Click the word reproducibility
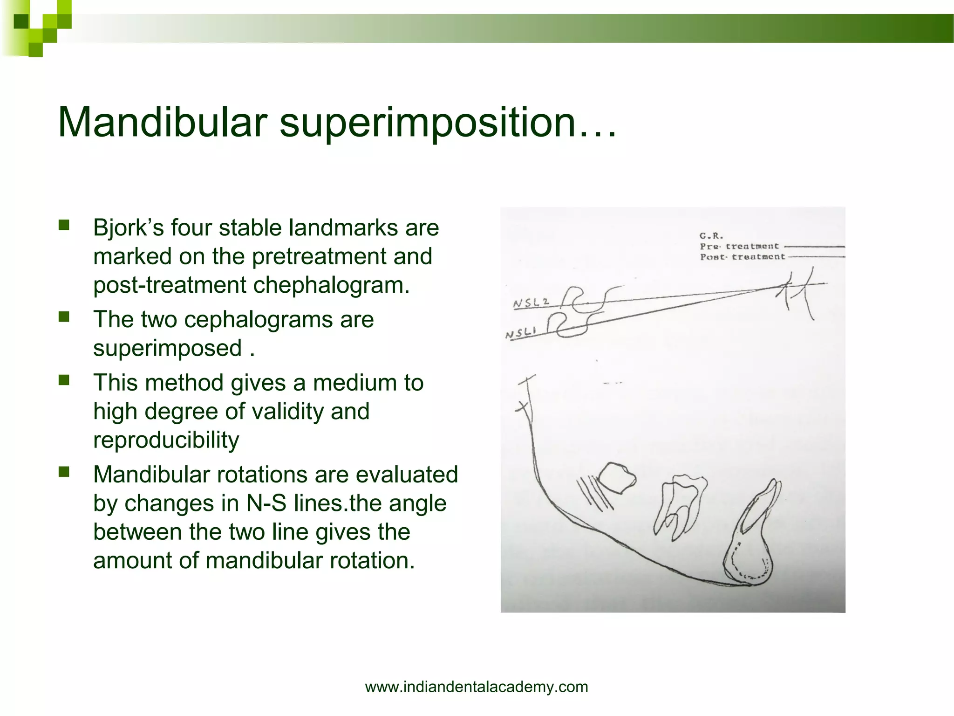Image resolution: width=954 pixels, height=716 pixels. (166, 440)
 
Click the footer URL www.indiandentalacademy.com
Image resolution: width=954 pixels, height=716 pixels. (477, 687)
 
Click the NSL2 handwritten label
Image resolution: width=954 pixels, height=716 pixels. (531, 303)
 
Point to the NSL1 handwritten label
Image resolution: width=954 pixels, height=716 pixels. (521, 333)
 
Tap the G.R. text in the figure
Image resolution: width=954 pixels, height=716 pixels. (711, 236)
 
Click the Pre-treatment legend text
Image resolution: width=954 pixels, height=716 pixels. (739, 246)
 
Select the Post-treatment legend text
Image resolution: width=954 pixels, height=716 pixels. (742, 257)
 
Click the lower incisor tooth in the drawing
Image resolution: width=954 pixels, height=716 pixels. (757, 517)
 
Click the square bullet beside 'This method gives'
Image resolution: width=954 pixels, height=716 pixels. (64, 380)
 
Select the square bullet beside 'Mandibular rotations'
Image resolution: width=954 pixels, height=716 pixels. (64, 472)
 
